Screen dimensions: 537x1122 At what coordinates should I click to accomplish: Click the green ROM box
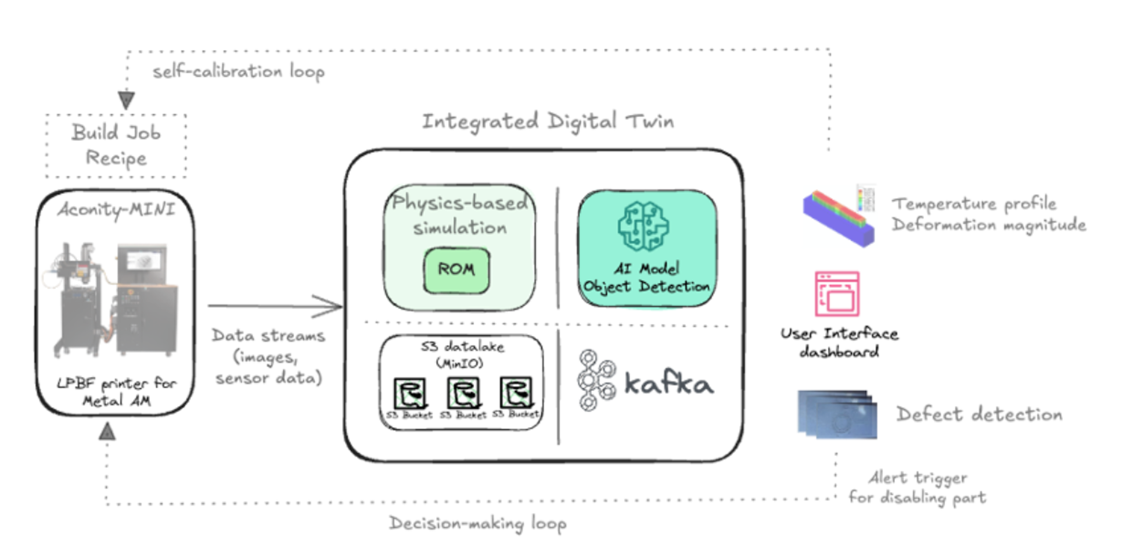[456, 270]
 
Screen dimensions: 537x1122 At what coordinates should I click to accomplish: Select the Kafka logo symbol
[596, 380]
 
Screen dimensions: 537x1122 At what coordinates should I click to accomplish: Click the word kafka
[669, 383]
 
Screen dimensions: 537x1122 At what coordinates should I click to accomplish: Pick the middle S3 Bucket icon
[463, 393]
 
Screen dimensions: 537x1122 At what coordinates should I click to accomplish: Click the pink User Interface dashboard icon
[837, 294]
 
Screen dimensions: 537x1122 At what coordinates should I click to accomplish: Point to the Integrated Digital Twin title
[548, 121]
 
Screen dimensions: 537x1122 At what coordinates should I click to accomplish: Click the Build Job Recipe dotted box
[116, 145]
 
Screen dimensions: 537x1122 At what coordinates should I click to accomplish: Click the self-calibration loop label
[239, 72]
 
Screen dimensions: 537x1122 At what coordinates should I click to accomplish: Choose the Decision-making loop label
[477, 523]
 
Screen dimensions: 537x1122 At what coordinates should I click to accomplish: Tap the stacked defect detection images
[837, 414]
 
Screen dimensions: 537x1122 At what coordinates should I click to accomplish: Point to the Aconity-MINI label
[116, 209]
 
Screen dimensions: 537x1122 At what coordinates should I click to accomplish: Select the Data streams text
[268, 356]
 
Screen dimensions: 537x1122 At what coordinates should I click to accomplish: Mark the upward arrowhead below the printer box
[107, 432]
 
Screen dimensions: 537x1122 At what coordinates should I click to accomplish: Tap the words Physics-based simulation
[459, 214]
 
